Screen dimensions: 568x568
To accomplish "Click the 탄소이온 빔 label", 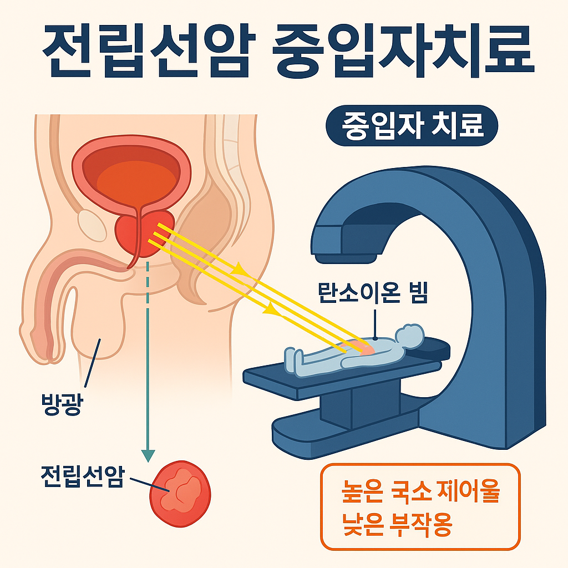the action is pos(373,294).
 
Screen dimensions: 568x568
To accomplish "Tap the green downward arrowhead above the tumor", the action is pos(148,455).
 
